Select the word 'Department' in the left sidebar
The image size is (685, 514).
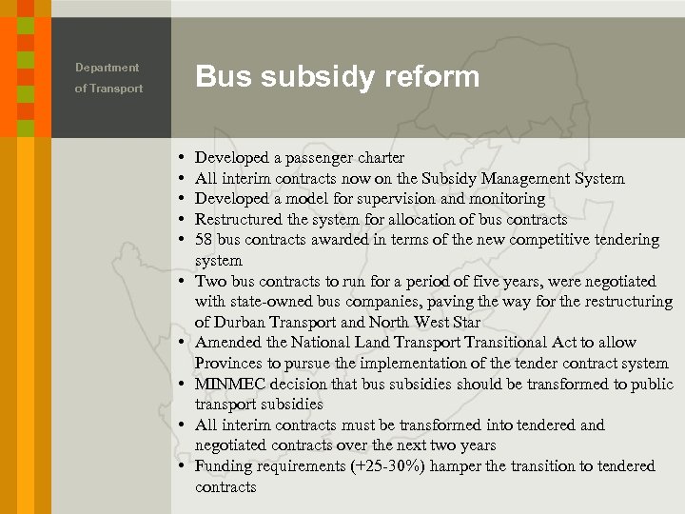click(x=107, y=68)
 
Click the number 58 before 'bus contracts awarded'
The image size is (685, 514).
click(x=205, y=240)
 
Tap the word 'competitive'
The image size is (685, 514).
click(x=554, y=240)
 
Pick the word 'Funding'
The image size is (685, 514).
click(x=224, y=466)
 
